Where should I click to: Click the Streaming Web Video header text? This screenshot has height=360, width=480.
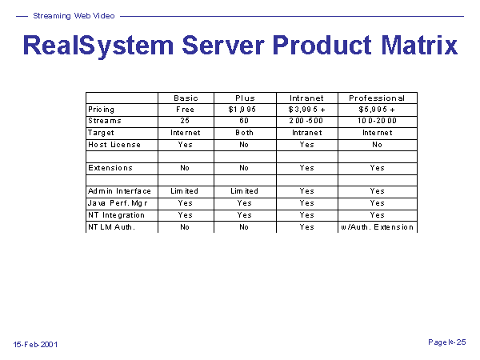coord(74,16)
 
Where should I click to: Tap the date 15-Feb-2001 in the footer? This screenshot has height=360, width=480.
coord(35,344)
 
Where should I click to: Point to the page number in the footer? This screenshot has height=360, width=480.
coord(447,342)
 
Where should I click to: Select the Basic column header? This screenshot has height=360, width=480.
coord(186,98)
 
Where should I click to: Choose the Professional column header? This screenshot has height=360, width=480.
coord(377,98)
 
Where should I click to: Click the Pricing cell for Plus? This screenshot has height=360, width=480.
coord(242,110)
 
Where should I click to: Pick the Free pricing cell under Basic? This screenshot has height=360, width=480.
coord(185,110)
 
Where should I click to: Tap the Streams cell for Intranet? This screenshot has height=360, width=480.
coord(306,121)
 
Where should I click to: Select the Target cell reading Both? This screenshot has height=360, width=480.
coord(244,133)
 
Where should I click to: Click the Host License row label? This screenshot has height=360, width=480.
coord(114,145)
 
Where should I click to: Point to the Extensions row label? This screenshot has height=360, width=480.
coord(110,168)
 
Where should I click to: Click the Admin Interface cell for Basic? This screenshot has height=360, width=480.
coord(184,191)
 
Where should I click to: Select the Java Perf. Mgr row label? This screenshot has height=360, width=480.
coord(118,203)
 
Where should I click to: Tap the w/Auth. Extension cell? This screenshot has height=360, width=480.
coord(377,227)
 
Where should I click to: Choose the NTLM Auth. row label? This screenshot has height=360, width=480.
coord(111,227)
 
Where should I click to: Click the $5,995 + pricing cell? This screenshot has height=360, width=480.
coord(377,110)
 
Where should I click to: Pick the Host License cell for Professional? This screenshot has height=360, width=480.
coord(377,145)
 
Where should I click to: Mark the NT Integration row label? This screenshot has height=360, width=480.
coord(116,215)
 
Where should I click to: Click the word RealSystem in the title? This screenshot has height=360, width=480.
coord(98,46)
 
